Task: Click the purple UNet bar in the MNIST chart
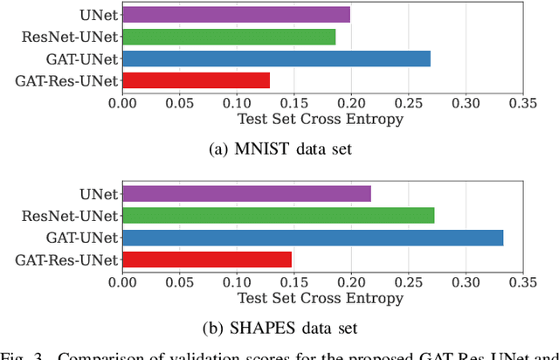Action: tap(236, 14)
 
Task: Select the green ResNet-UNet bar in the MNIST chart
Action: tap(229, 37)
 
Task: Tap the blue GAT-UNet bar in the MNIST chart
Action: tap(276, 59)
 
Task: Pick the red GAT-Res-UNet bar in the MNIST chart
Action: tap(196, 81)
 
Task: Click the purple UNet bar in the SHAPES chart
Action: tap(246, 193)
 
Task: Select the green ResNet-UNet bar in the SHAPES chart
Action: tap(278, 215)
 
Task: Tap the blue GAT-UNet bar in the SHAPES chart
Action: tap(313, 238)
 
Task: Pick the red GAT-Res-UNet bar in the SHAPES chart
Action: tap(207, 260)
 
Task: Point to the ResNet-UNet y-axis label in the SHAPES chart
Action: tap(72, 215)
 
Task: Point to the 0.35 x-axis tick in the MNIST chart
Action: tap(522, 102)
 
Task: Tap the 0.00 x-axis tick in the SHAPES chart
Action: tap(122, 281)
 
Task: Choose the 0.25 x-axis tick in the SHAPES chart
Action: tap(408, 281)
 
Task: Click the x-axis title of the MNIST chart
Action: tap(321, 119)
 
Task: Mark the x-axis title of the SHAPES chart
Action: tap(321, 298)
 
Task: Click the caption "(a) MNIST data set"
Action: tap(279, 149)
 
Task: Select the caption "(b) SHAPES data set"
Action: tap(279, 329)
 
